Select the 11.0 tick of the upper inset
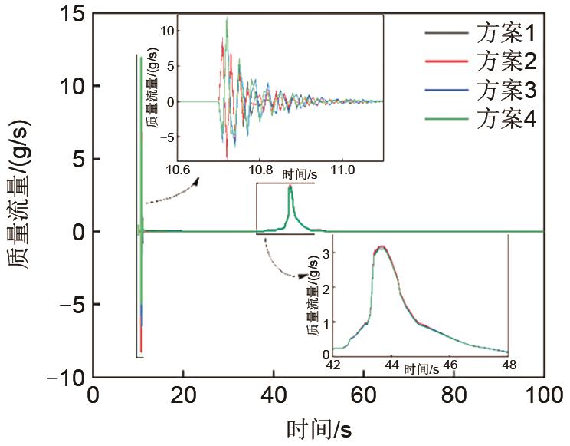(x=344, y=170)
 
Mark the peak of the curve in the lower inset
(x=382, y=247)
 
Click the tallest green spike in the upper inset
(x=227, y=18)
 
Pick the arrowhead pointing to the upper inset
(x=195, y=181)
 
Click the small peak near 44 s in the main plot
(x=290, y=187)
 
